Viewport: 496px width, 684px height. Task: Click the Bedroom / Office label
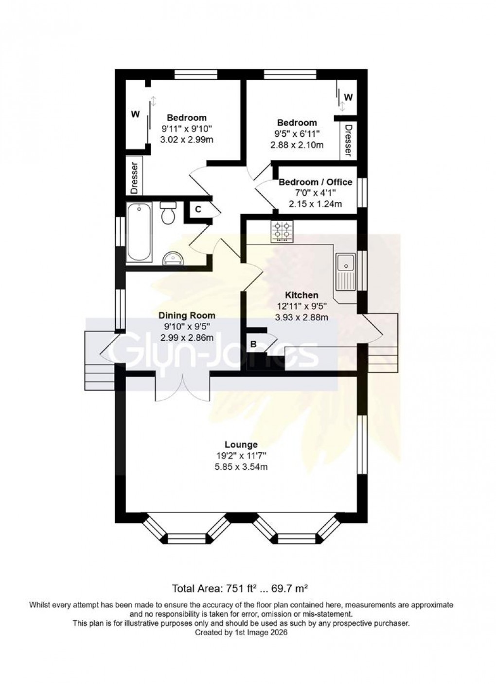click(x=315, y=182)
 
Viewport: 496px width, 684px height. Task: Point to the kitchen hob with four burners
click(x=283, y=231)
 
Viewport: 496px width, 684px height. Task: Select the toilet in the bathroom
click(x=168, y=212)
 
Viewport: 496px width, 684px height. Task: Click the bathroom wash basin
click(x=171, y=257)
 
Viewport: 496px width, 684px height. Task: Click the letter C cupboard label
click(x=198, y=209)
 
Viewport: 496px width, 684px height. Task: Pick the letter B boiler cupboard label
click(x=253, y=344)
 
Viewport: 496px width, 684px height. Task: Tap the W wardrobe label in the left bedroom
click(x=135, y=114)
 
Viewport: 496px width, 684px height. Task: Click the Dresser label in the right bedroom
click(x=348, y=140)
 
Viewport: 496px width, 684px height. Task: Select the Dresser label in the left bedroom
click(x=135, y=177)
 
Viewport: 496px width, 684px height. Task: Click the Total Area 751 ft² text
click(x=241, y=589)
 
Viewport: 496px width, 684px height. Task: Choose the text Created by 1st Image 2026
click(x=241, y=633)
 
